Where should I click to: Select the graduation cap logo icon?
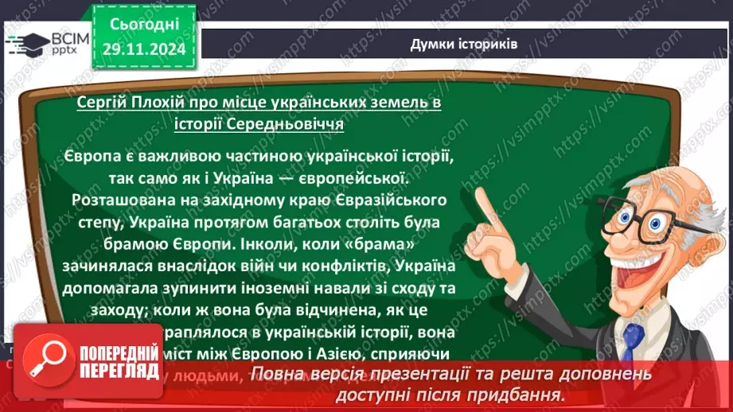point(29,44)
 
